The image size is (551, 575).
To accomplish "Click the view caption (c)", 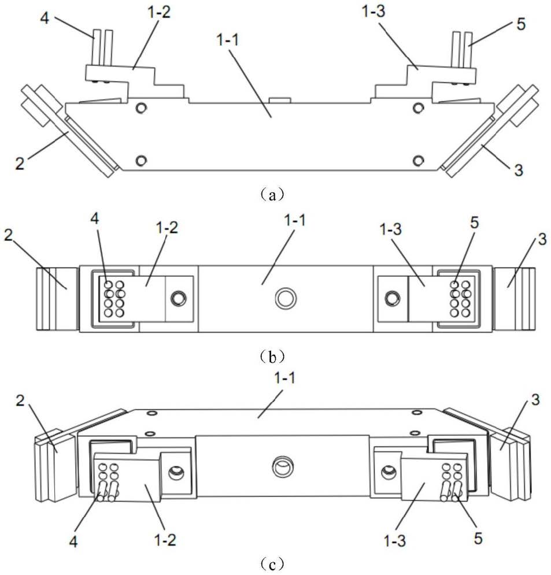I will point(269,562).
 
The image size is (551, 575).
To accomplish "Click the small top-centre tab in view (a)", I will point(280,101).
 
